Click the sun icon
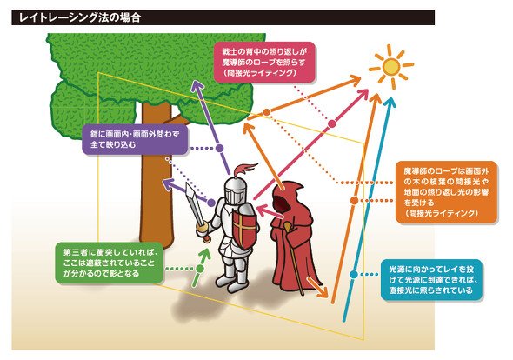(x=391, y=66)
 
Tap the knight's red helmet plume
(x=245, y=170)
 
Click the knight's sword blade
(x=191, y=202)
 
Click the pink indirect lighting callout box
(x=264, y=62)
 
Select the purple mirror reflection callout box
(x=135, y=139)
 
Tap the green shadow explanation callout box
(x=109, y=263)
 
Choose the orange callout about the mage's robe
(x=446, y=192)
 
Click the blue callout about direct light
(x=431, y=280)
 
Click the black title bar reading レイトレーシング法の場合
(x=223, y=17)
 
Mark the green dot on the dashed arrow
(x=200, y=269)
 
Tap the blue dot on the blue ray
(x=354, y=274)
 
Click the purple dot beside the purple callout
(x=219, y=148)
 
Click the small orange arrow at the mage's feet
(x=317, y=287)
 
